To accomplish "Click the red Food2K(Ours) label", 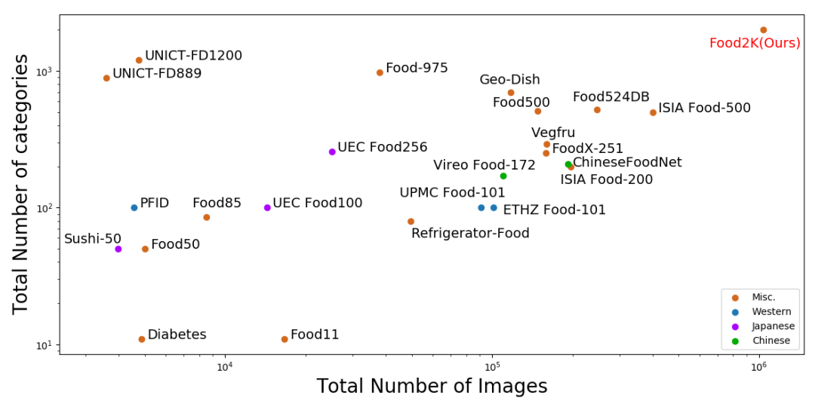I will click(x=755, y=44).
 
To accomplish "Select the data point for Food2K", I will click(x=763, y=30).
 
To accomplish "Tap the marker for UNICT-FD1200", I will click(x=139, y=60).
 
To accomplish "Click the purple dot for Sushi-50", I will click(x=118, y=249).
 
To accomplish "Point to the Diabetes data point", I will click(x=141, y=339).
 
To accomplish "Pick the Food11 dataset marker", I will click(x=284, y=339).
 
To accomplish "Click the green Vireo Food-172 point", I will click(x=503, y=176).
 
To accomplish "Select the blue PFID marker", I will click(x=134, y=207).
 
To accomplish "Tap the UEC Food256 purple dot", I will click(x=332, y=152).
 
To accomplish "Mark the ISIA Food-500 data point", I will click(x=653, y=112).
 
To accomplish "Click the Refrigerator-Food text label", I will click(x=470, y=234).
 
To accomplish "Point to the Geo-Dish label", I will click(x=509, y=80).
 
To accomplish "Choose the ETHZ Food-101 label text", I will click(x=554, y=210).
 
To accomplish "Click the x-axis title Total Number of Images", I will click(x=432, y=387).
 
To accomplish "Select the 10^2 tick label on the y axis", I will click(x=45, y=208).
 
